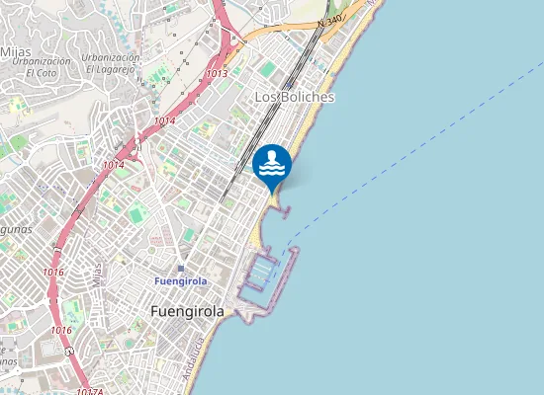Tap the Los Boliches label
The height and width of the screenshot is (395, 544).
295,98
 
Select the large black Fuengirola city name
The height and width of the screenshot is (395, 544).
187,311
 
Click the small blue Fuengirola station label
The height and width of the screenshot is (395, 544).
181,281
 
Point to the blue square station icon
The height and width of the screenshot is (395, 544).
181,268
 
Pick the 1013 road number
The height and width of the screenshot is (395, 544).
218,73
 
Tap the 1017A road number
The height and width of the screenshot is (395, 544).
89,391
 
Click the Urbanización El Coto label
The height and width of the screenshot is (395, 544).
42,67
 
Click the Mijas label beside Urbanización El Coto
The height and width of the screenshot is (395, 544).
15,50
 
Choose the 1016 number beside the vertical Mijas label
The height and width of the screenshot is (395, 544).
53,272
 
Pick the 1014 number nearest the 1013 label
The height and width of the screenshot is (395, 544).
164,121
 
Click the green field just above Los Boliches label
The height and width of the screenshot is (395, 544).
268,69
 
